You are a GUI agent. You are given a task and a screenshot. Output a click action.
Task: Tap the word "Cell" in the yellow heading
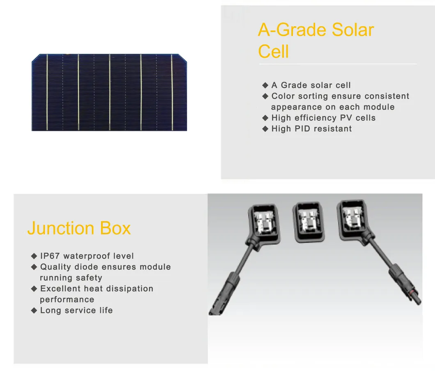[273, 52]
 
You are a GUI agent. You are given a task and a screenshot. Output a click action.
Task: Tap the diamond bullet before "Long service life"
[34, 311]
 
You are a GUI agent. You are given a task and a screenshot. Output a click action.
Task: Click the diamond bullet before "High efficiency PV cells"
[265, 118]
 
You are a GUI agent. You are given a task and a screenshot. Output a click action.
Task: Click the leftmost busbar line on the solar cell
[47, 92]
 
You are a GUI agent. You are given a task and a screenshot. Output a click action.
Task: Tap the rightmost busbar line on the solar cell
[172, 92]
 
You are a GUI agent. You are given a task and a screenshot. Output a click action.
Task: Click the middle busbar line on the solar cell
[110, 92]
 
